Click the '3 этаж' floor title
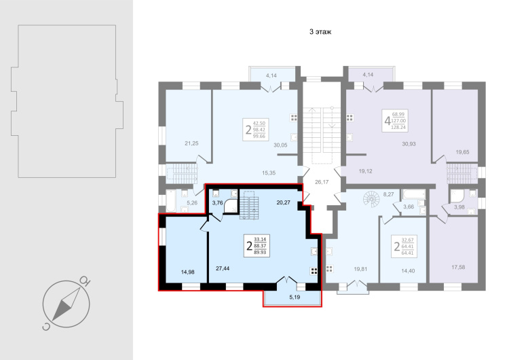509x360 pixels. tap(320, 32)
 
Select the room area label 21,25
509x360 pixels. tap(191, 143)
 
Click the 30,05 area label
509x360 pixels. tap(280, 145)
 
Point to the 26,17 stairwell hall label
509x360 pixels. tap(322, 182)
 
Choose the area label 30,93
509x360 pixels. tap(409, 143)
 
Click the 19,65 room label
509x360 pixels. tap(462, 151)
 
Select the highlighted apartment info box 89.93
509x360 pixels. tap(257, 245)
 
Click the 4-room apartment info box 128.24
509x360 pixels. tap(395, 121)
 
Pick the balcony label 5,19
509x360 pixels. tap(295, 297)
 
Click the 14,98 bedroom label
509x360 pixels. tap(187, 272)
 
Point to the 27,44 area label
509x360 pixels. tap(223, 268)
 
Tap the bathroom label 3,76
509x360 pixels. tap(217, 203)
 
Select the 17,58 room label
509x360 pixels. tap(458, 267)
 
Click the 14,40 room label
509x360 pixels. tap(408, 270)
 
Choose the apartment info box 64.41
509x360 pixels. tap(404, 247)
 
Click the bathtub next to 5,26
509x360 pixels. tap(171, 201)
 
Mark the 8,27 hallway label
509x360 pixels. tap(388, 195)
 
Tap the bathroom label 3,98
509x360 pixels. tap(459, 207)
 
